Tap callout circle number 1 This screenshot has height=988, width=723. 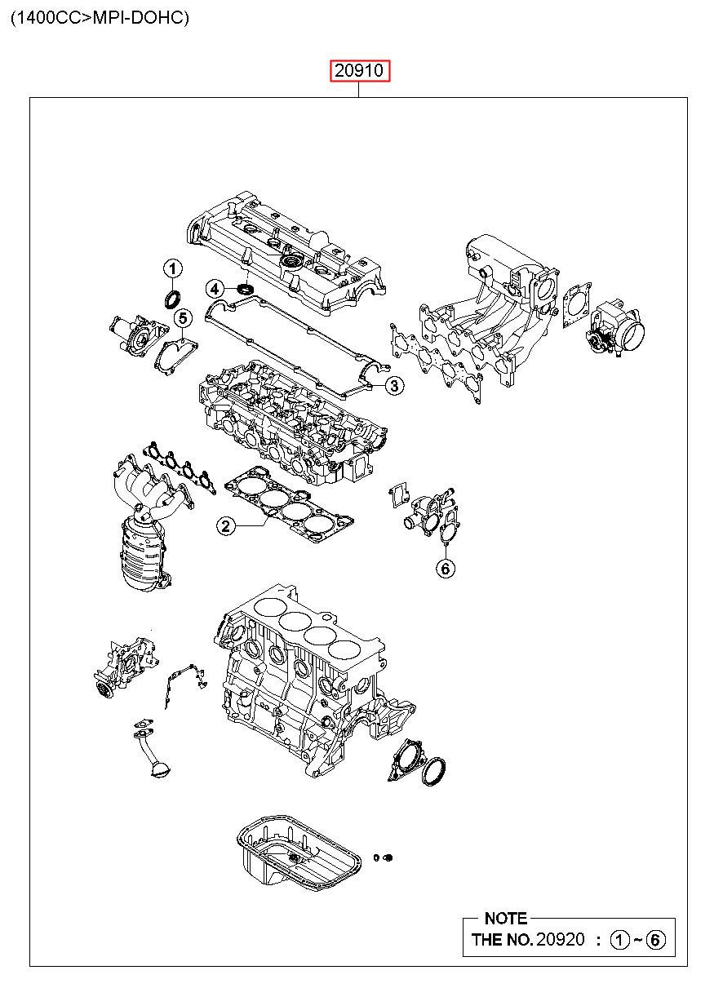172,268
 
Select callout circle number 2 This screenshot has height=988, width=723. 226,526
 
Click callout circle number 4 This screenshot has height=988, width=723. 213,288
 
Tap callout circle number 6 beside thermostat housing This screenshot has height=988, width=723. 446,569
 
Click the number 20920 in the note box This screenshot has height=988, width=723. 560,939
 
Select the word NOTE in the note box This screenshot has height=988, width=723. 506,918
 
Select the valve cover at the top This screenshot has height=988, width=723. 286,253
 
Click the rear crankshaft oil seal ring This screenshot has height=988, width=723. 434,771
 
